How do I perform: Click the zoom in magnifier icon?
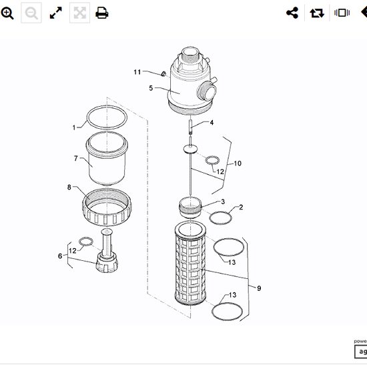click(x=8, y=13)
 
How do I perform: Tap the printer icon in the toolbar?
click(x=102, y=13)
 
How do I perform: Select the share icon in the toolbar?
click(x=292, y=13)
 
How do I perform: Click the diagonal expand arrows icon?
click(x=56, y=13)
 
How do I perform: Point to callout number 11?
click(x=137, y=72)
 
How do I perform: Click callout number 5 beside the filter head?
click(x=151, y=88)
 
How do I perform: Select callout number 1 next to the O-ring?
click(x=74, y=127)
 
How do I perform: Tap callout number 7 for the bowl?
click(x=76, y=158)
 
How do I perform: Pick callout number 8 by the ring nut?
click(x=69, y=187)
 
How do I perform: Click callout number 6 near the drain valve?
click(x=60, y=256)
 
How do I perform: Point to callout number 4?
click(x=212, y=123)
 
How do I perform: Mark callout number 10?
click(x=238, y=163)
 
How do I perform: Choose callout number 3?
click(x=222, y=202)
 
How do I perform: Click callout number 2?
click(x=241, y=207)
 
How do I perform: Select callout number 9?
click(x=259, y=288)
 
